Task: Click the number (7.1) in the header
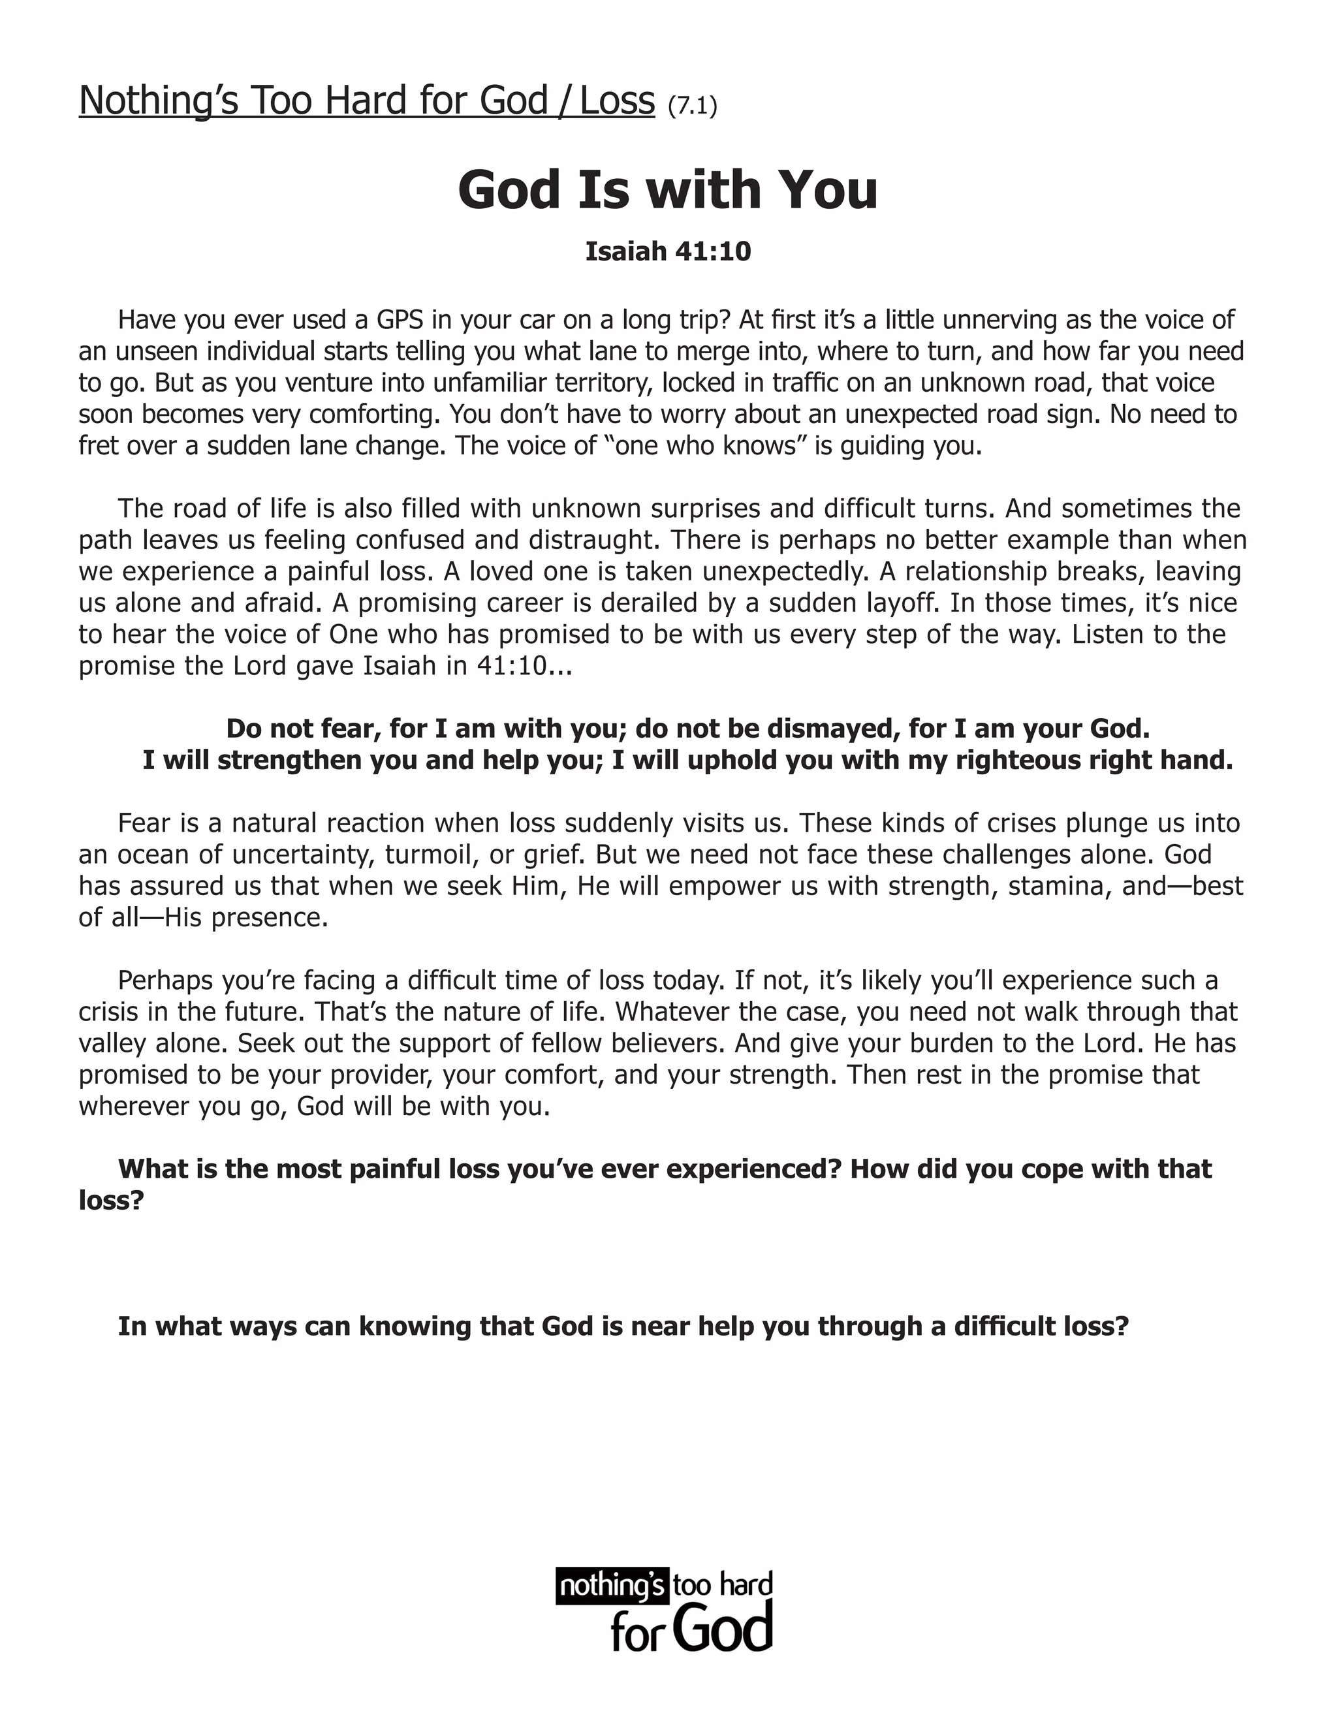[692, 105]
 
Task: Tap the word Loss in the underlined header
[617, 101]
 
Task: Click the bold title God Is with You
[668, 189]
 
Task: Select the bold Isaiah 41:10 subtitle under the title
[668, 251]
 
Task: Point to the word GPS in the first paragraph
[399, 319]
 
